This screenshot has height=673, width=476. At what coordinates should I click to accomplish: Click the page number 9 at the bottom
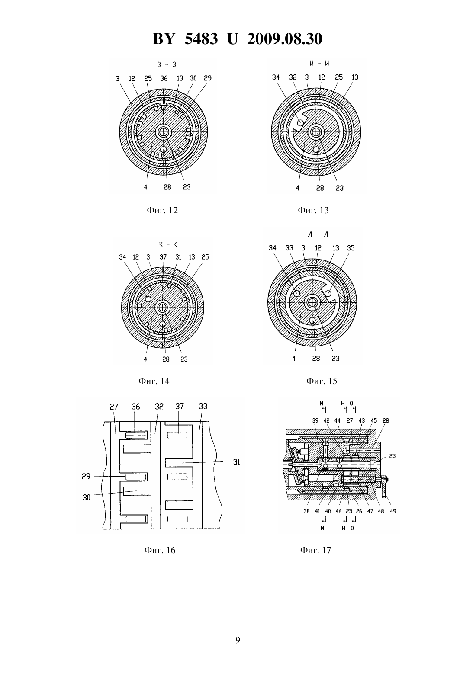[238, 640]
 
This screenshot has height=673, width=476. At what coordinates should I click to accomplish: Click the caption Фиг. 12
[162, 210]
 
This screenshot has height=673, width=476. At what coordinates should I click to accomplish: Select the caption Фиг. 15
[322, 381]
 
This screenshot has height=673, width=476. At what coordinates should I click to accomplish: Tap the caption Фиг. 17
[315, 550]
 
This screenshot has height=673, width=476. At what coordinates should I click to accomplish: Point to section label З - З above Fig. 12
[167, 64]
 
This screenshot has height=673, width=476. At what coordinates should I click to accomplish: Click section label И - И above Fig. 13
[319, 63]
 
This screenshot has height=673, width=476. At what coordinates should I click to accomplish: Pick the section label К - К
[168, 244]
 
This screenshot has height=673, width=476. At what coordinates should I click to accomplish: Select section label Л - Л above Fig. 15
[318, 234]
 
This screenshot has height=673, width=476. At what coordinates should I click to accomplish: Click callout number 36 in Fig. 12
[164, 78]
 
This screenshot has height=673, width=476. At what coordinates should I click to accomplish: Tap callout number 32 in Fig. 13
[293, 77]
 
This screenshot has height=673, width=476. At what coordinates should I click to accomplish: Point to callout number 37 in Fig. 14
[163, 257]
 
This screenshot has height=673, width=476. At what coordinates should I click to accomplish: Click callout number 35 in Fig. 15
[351, 248]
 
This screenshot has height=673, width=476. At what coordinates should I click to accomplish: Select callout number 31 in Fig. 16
[237, 462]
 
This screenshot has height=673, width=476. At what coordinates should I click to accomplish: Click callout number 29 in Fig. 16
[86, 476]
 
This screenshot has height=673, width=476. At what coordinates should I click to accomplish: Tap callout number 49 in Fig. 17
[393, 511]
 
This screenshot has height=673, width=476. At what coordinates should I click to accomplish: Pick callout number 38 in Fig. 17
[306, 511]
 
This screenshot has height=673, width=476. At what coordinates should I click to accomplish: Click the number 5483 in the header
[201, 39]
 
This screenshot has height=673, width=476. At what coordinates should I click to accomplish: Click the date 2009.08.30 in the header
[285, 39]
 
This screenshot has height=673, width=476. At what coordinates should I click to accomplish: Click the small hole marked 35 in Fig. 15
[328, 294]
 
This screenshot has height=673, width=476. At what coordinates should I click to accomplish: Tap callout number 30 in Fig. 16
[87, 497]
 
